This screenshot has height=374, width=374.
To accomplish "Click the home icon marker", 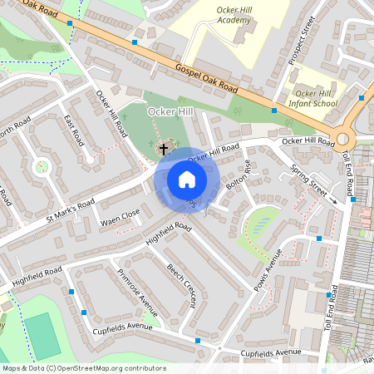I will point(187,180).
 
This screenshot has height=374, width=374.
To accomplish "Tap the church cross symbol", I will point(164,149).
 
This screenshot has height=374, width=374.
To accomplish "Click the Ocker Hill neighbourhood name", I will point(170,111).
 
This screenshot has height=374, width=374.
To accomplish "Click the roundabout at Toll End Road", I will point(342,139).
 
